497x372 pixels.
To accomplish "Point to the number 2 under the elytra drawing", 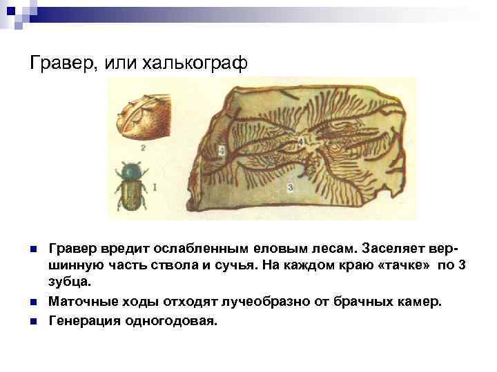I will pos(142,147).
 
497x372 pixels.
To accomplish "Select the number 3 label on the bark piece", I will pos(290,187).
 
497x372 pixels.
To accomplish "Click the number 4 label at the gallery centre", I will pos(302,142).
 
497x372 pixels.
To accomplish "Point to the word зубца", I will pos(70,283).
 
